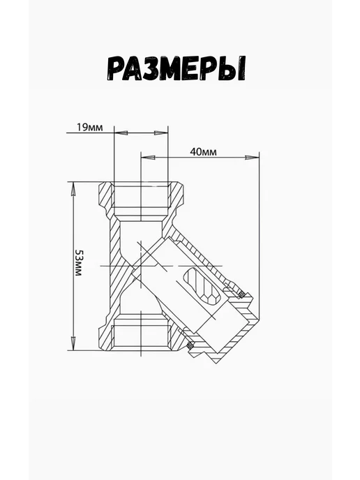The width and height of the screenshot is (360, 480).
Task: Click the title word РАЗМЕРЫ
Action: (x=177, y=68)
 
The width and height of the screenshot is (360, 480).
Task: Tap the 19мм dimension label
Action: (x=89, y=128)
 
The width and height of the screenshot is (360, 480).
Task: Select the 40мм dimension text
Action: (x=203, y=152)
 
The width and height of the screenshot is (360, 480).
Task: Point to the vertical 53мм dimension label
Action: (x=79, y=263)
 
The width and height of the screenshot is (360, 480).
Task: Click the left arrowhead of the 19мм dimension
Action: (x=121, y=133)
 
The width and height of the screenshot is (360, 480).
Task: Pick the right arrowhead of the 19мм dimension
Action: (x=161, y=133)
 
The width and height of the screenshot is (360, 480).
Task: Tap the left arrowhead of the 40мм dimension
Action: (x=148, y=158)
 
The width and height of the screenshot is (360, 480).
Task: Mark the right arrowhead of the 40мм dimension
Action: (x=253, y=158)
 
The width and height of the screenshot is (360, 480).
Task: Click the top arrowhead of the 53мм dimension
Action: (x=73, y=189)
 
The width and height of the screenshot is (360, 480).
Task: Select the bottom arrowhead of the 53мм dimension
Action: (x=73, y=343)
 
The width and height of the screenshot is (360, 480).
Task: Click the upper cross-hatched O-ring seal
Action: (x=241, y=294)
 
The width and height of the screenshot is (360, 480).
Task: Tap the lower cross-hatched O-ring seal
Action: (x=190, y=345)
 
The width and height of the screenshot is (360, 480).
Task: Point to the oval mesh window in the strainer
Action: (x=201, y=286)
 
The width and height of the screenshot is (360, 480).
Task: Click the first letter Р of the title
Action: (x=117, y=69)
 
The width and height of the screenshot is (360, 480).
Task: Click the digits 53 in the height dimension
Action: (x=79, y=256)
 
